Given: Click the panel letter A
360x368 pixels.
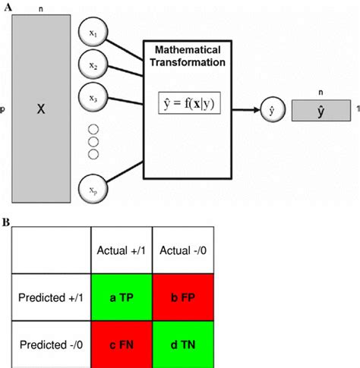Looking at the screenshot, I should (x=6, y=6).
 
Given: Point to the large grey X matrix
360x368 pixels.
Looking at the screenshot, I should (x=42, y=109).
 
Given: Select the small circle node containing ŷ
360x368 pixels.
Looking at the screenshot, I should (x=268, y=109).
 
